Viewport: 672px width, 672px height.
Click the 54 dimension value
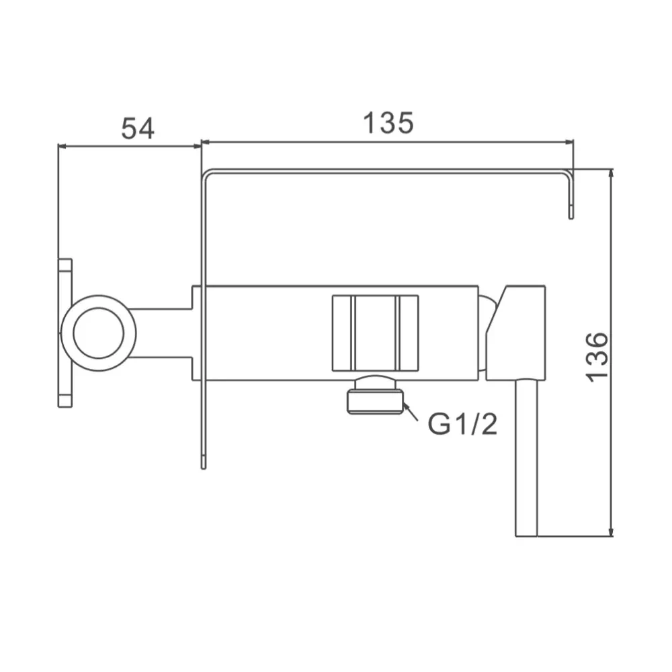138,128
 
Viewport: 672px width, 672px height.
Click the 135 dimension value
388,122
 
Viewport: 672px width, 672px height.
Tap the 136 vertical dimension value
597,357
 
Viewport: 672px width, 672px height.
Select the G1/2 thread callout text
463,424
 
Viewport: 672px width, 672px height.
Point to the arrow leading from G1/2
411,412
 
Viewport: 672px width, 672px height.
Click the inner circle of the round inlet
99,333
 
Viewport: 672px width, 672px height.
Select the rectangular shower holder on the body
376,333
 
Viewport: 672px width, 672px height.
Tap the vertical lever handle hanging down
526,458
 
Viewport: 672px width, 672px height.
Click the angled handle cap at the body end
516,333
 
